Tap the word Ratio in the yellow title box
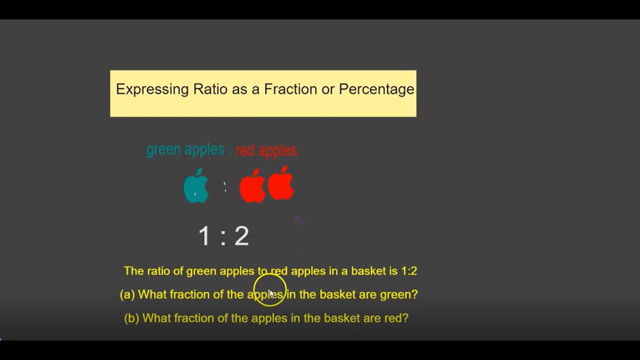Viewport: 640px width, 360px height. point(211,89)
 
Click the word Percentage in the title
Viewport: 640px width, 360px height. point(376,89)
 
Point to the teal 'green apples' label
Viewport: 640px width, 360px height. point(185,149)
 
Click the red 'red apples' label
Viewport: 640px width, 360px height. point(266,150)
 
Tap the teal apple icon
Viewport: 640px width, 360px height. point(196,186)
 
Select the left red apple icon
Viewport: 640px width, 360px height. point(252,186)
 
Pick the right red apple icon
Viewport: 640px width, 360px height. point(280,183)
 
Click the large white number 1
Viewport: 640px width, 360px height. point(204,236)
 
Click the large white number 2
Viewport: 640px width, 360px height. point(241,236)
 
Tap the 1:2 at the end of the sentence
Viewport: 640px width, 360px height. point(408,271)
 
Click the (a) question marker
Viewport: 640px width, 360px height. point(127,294)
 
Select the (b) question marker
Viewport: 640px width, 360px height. point(131,318)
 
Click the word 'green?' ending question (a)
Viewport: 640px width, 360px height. point(398,294)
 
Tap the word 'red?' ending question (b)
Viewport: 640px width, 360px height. point(396,318)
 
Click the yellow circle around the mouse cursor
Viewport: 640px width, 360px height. point(269,290)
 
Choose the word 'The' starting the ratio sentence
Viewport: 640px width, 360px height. point(133,271)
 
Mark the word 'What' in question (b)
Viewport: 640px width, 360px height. point(156,318)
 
